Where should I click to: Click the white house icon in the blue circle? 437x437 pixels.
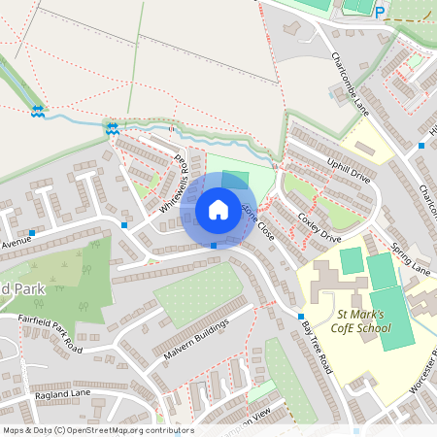click(x=218, y=210)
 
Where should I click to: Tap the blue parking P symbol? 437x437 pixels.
click(x=380, y=13)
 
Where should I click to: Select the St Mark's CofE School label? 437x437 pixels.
click(x=361, y=320)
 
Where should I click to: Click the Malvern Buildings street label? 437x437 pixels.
click(x=195, y=339)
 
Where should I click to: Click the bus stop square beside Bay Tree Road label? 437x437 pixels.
click(x=303, y=318)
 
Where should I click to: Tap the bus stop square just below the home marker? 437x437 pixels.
click(x=214, y=246)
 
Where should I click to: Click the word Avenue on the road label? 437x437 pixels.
click(x=16, y=244)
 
